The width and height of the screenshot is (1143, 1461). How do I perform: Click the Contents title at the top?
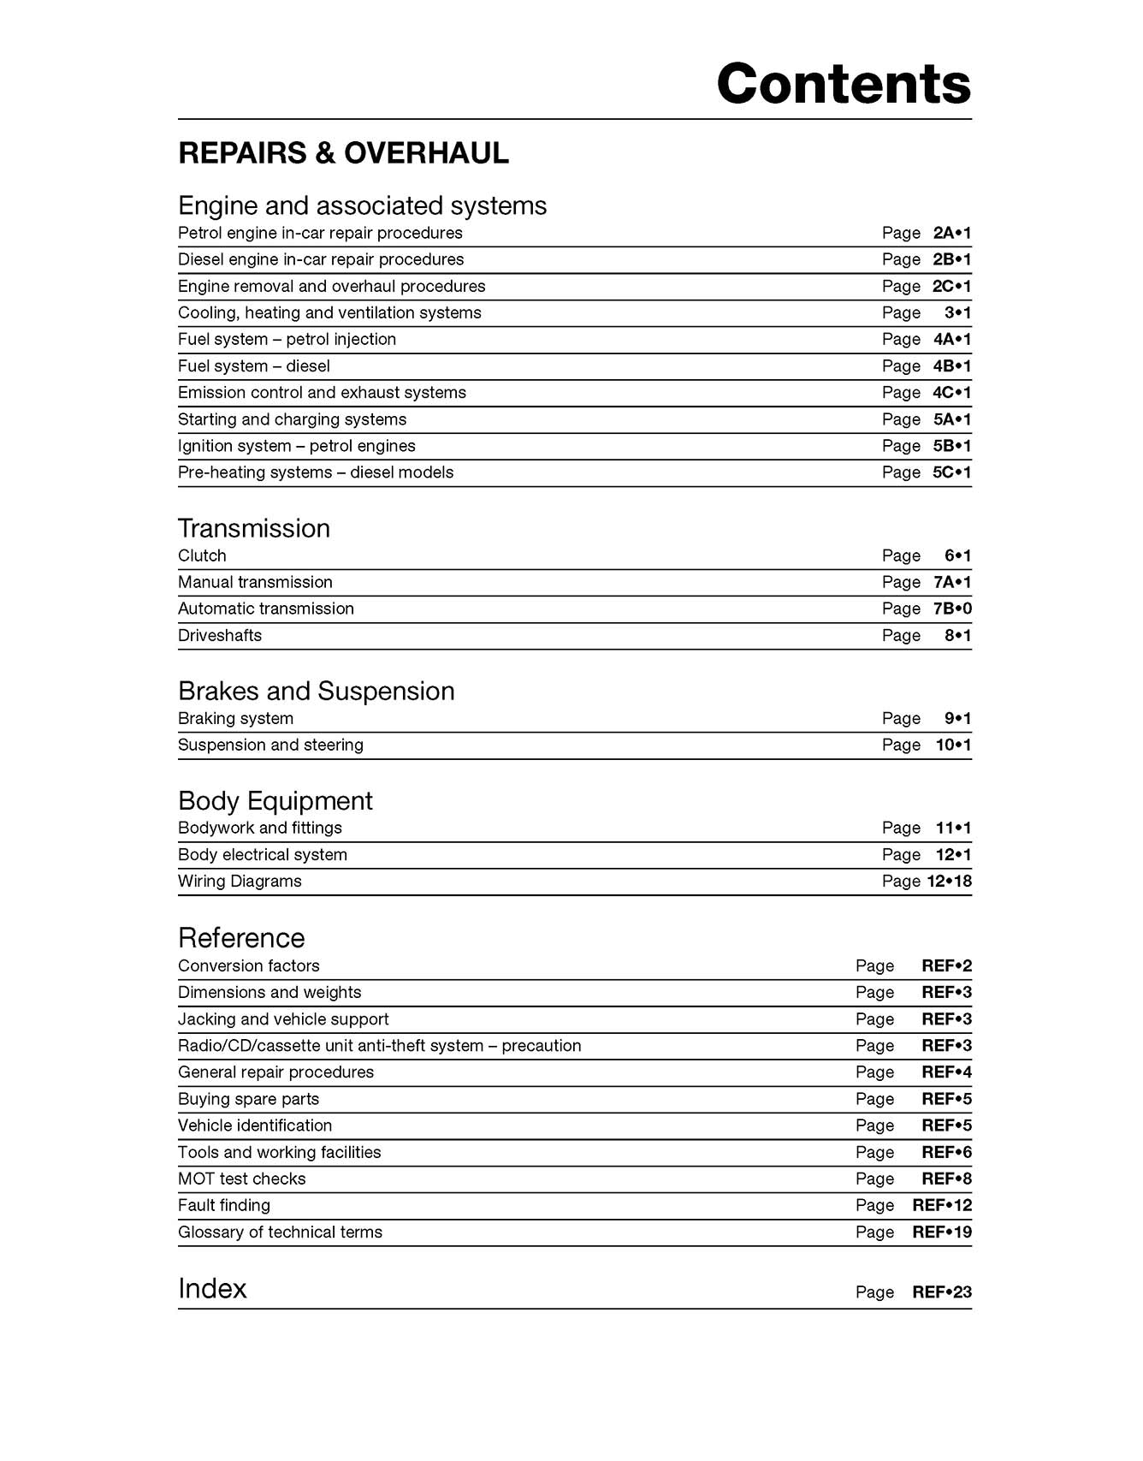tap(844, 84)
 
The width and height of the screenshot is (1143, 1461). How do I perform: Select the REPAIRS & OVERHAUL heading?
tap(343, 153)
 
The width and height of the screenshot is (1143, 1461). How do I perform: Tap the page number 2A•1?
tap(952, 233)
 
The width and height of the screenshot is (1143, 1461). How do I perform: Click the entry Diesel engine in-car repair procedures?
tap(321, 259)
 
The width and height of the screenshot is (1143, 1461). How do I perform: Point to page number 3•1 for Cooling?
tap(957, 312)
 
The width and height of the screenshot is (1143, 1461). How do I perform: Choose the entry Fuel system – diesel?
tap(254, 366)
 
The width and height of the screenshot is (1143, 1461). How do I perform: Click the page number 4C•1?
tap(951, 393)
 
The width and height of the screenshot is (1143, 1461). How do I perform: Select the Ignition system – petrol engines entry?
tap(297, 446)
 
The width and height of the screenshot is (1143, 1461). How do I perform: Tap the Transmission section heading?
tap(254, 528)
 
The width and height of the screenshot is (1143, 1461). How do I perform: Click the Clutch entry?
tap(202, 555)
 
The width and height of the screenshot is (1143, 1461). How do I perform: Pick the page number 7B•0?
tap(952, 609)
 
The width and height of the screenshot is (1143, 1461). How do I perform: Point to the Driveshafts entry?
tap(220, 635)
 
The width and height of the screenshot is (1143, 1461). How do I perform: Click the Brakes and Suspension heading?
tap(317, 691)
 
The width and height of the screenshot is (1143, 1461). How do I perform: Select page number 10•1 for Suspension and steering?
tap(953, 745)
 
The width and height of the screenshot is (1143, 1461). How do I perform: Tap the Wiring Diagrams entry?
tap(240, 881)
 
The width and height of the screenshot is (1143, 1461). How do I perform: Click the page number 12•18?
tap(949, 881)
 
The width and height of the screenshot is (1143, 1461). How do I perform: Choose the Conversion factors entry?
tap(249, 965)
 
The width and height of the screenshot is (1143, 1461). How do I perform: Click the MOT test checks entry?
tap(242, 1179)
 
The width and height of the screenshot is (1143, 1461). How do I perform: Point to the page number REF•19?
tap(942, 1232)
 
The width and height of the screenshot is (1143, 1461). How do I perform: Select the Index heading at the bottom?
tap(212, 1288)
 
